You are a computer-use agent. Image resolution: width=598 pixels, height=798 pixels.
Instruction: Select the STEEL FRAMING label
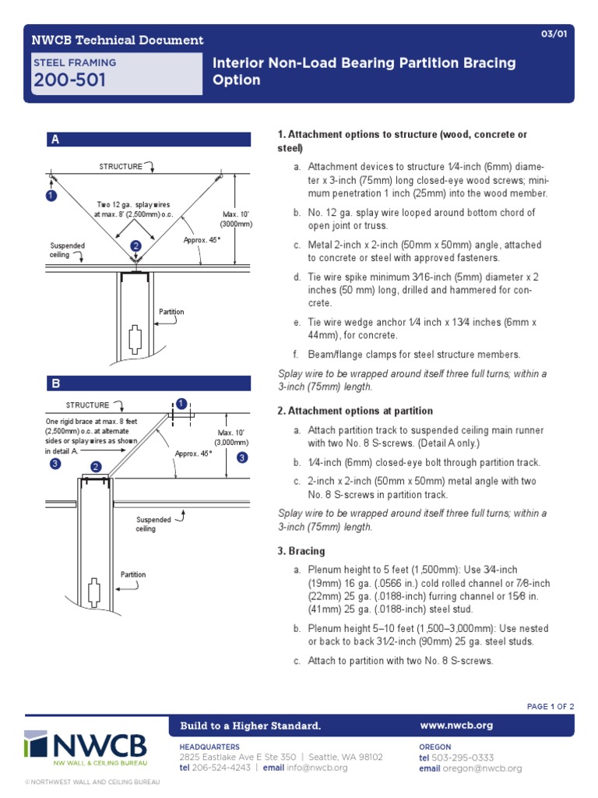click(74, 62)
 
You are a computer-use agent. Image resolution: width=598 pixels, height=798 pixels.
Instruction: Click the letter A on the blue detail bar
click(55, 140)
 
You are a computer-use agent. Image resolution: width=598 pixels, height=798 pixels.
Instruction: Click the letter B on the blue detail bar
click(55, 383)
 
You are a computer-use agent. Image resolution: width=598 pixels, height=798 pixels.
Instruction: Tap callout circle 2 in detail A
click(135, 245)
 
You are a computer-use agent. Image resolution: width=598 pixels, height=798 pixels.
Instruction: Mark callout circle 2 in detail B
click(97, 467)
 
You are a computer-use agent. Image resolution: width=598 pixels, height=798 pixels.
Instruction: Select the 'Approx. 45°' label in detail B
click(192, 453)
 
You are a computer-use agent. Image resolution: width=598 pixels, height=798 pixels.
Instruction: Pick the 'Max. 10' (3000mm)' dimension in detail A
click(237, 218)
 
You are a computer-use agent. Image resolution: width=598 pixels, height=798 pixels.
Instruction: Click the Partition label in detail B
click(132, 574)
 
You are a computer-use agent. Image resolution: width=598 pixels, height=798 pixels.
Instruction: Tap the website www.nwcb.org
click(456, 726)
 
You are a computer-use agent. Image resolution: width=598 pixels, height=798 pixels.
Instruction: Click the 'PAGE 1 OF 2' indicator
click(550, 707)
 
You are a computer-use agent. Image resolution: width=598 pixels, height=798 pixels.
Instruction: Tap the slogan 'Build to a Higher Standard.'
click(251, 726)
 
